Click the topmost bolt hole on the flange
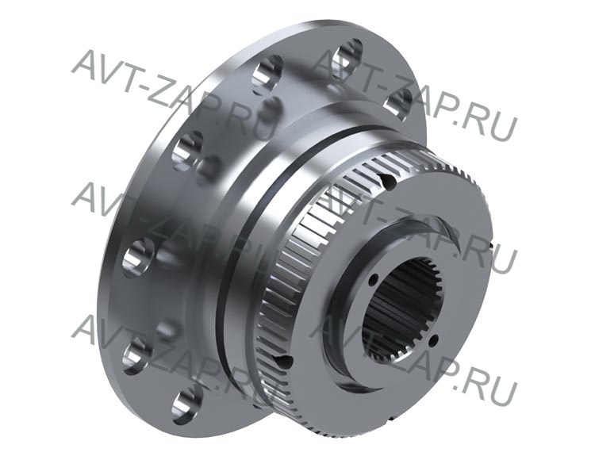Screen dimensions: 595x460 (350, 54)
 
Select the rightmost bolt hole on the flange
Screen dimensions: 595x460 (397, 104)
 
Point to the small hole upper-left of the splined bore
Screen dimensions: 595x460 (374, 279)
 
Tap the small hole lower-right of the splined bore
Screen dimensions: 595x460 (436, 339)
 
